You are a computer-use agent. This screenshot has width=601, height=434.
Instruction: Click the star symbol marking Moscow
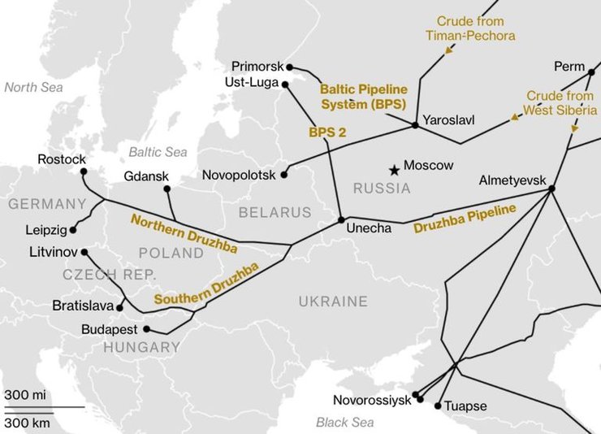pyautogui.click(x=394, y=170)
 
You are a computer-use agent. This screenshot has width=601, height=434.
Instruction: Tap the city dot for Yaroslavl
pyautogui.click(x=415, y=125)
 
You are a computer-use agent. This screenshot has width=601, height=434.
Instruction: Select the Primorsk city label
pyautogui.click(x=257, y=66)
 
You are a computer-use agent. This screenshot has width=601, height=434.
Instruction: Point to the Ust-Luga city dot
pyautogui.click(x=285, y=83)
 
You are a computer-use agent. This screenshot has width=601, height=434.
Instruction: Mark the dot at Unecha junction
pyautogui.click(x=341, y=219)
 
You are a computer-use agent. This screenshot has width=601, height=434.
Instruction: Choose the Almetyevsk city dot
pyautogui.click(x=551, y=189)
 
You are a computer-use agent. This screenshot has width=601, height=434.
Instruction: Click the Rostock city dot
pyautogui.click(x=84, y=171)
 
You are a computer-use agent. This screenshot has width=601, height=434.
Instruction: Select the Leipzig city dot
pyautogui.click(x=73, y=230)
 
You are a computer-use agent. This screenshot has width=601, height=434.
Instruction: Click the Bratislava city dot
pyautogui.click(x=120, y=308)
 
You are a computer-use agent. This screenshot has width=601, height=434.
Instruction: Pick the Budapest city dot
pyautogui.click(x=147, y=329)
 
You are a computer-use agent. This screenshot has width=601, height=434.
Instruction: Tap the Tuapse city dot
pyautogui.click(x=439, y=405)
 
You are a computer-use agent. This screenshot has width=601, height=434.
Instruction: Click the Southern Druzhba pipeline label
pyautogui.click(x=206, y=284)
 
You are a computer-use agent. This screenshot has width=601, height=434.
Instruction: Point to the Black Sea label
pyautogui.click(x=345, y=423)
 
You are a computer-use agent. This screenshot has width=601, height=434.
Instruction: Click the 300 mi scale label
pyautogui.click(x=25, y=395)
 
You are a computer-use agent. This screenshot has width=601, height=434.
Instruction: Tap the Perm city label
pyautogui.click(x=569, y=66)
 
